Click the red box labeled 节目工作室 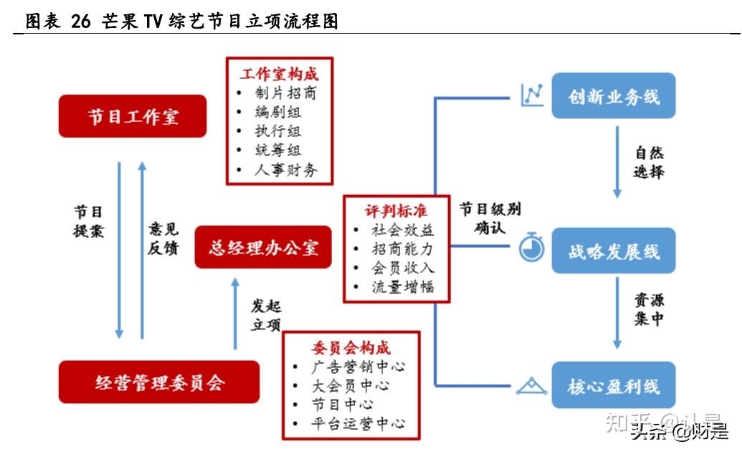[133, 116]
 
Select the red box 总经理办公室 [263, 248]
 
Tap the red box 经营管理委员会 [159, 382]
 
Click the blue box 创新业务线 [613, 96]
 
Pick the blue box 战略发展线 [613, 251]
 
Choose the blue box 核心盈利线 [613, 387]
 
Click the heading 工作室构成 [279, 74]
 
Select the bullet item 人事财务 [285, 170]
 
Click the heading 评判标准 [395, 211]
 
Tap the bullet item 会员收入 [402, 268]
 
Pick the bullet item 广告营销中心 [358, 367]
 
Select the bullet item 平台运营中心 [358, 423]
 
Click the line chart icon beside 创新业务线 [532, 95]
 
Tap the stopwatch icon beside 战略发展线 [531, 247]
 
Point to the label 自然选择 [649, 163]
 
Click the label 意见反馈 [163, 238]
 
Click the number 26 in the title [81, 21]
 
